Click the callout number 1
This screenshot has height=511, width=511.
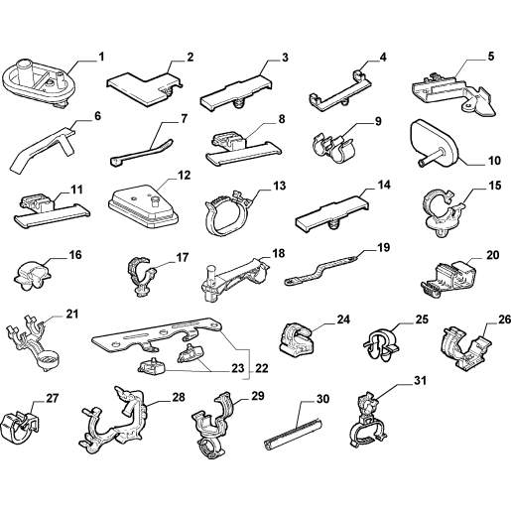tap(101, 57)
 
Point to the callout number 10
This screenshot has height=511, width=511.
tap(494, 161)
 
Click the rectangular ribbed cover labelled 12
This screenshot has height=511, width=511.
tap(143, 207)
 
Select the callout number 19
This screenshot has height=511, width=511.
tap(383, 248)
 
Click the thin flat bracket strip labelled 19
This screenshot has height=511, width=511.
tap(320, 270)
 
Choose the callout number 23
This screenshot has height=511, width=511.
tap(237, 368)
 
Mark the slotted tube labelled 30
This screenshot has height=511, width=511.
tap(293, 432)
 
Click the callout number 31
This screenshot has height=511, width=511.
tap(420, 381)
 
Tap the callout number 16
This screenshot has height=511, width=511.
tap(75, 255)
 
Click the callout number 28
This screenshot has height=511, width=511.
tap(179, 397)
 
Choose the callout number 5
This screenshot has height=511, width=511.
tap(491, 57)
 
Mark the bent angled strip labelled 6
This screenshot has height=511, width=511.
tap(43, 147)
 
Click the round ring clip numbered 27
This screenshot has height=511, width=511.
tap(18, 429)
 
